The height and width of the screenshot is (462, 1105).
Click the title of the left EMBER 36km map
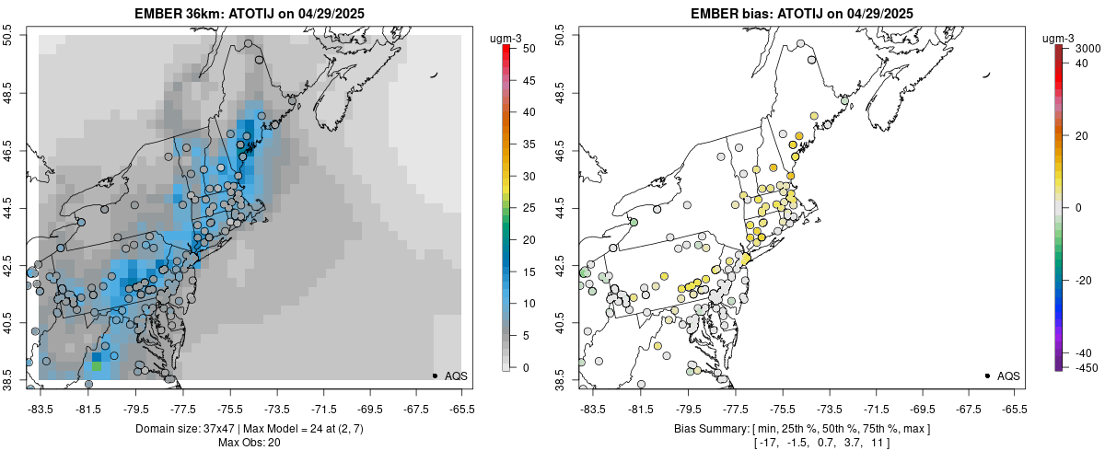[x=250, y=13]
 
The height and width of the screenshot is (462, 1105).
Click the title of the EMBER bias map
[x=802, y=13]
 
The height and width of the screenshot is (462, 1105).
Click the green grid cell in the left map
[x=97, y=366]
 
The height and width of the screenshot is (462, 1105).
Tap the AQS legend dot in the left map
[x=434, y=375]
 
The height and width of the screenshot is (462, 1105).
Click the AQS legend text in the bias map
[x=1008, y=375]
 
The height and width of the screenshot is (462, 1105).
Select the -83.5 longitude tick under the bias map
[x=591, y=408]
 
